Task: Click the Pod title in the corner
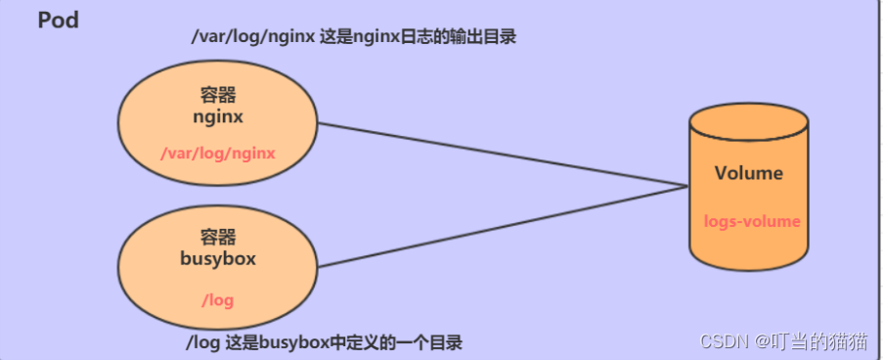click(x=58, y=21)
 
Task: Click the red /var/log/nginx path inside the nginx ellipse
click(x=217, y=153)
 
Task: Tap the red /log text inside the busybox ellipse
click(x=217, y=299)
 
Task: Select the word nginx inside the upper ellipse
click(x=218, y=116)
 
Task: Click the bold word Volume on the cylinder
click(x=748, y=173)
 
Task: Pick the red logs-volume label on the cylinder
click(x=751, y=221)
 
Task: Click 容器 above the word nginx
click(x=218, y=96)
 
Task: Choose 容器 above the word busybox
click(x=217, y=237)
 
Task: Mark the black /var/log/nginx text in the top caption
click(x=253, y=38)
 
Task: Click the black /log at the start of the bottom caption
click(x=201, y=342)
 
